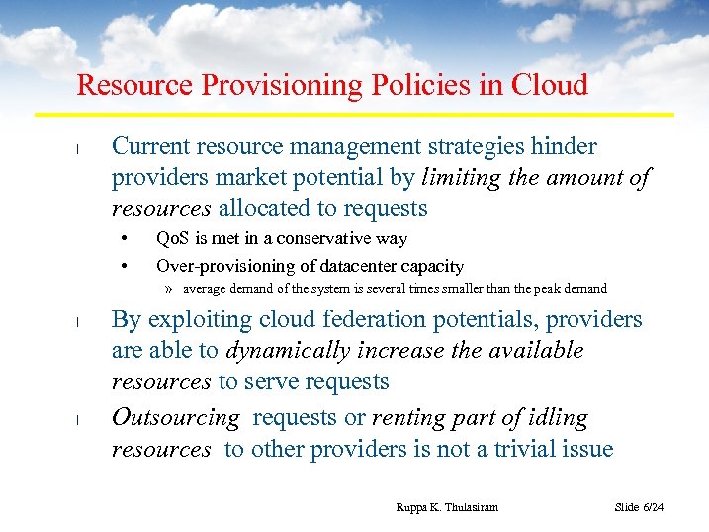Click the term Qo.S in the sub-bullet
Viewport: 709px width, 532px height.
(172, 239)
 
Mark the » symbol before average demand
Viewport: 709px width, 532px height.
(170, 289)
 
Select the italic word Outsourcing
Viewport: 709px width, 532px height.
(176, 418)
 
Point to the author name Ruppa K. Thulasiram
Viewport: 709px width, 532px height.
(446, 507)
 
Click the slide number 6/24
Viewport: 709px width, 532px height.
(653, 507)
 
